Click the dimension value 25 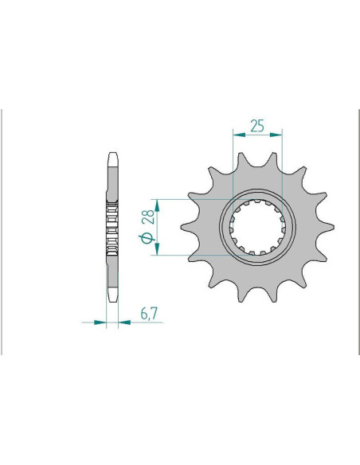(x=257, y=126)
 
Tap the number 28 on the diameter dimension (x=148, y=217)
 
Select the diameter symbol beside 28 (x=147, y=238)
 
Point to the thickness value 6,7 (x=149, y=313)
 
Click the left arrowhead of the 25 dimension (x=239, y=135)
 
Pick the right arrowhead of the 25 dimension (x=276, y=135)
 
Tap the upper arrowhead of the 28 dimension (x=157, y=205)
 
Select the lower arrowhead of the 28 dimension (x=157, y=248)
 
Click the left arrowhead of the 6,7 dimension (x=100, y=322)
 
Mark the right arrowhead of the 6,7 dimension (x=124, y=322)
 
